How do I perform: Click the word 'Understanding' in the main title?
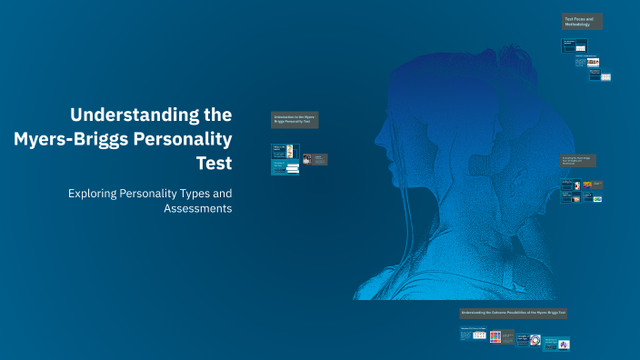click(x=151, y=115)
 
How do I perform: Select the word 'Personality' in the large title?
click(x=182, y=139)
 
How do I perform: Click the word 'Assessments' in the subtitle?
click(x=197, y=208)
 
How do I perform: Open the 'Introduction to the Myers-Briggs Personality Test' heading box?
click(x=295, y=120)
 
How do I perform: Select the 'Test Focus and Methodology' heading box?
click(x=583, y=22)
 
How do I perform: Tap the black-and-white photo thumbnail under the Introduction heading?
click(x=307, y=159)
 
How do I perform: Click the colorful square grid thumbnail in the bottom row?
click(x=495, y=337)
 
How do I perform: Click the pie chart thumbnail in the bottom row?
click(x=565, y=343)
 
